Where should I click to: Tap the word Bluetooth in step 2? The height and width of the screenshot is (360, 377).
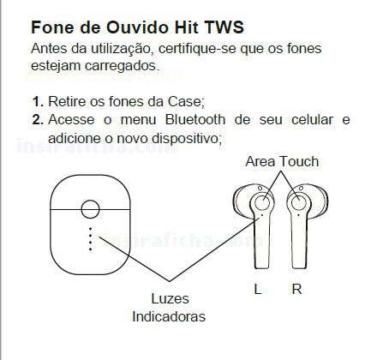[195, 119]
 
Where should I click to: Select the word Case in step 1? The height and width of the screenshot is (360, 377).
[184, 101]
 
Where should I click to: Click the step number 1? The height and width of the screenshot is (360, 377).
[38, 101]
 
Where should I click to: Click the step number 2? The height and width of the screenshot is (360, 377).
[38, 119]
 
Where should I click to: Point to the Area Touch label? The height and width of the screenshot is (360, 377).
[282, 161]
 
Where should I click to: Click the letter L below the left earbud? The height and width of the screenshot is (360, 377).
[258, 289]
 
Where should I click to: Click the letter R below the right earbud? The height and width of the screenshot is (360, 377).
[296, 289]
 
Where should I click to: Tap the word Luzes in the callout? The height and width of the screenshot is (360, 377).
[170, 298]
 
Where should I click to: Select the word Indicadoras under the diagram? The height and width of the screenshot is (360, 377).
[169, 316]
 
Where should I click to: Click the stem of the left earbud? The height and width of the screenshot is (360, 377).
[262, 242]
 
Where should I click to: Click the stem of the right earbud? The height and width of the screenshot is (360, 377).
[299, 242]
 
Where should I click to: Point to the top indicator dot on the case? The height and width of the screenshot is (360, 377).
[91, 229]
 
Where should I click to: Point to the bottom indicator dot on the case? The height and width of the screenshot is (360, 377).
[91, 249]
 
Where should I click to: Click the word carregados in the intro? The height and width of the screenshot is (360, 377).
[122, 66]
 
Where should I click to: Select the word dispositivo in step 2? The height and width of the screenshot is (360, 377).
[187, 138]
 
